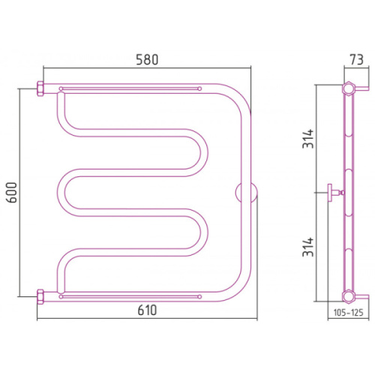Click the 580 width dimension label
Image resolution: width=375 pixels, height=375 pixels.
tap(147, 60)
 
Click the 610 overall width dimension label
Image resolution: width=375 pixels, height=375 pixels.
tap(147, 310)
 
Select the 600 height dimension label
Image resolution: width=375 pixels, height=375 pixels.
tap(12, 193)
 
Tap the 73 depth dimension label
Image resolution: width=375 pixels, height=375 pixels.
tap(356, 60)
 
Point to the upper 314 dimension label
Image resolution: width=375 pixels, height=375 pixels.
tap(307, 139)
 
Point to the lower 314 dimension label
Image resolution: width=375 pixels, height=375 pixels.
tap(307, 247)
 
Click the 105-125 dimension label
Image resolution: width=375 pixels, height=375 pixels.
tap(348, 313)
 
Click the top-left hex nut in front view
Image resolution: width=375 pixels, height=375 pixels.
tap(40, 88)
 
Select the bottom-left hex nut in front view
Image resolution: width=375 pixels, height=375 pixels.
tap(40, 297)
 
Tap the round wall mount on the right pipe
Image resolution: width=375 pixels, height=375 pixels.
tap(246, 193)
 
